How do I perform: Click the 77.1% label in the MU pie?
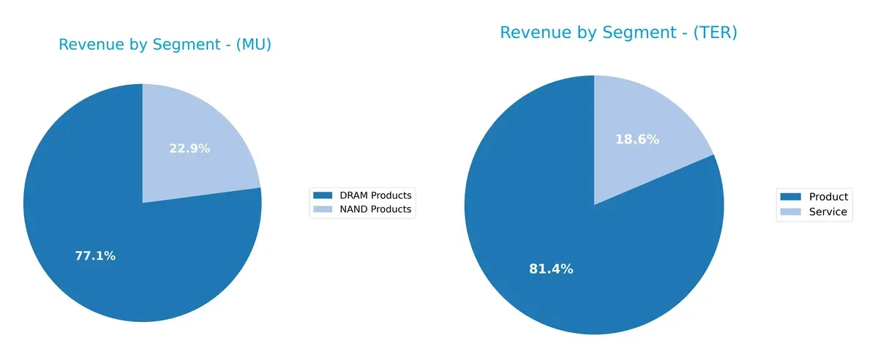(x=95, y=256)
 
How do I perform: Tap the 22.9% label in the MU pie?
(x=190, y=149)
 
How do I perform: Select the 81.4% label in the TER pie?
(x=551, y=269)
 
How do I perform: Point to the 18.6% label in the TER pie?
(x=637, y=139)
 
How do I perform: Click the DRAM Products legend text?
(x=372, y=195)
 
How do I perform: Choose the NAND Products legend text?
(x=372, y=209)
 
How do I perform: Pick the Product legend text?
(x=828, y=197)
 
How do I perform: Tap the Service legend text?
(x=828, y=212)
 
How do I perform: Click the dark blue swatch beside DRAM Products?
(x=323, y=195)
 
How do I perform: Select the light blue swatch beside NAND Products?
(x=323, y=209)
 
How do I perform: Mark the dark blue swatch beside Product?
(x=790, y=197)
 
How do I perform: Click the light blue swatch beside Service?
(x=790, y=212)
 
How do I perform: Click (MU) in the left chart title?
(x=253, y=45)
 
